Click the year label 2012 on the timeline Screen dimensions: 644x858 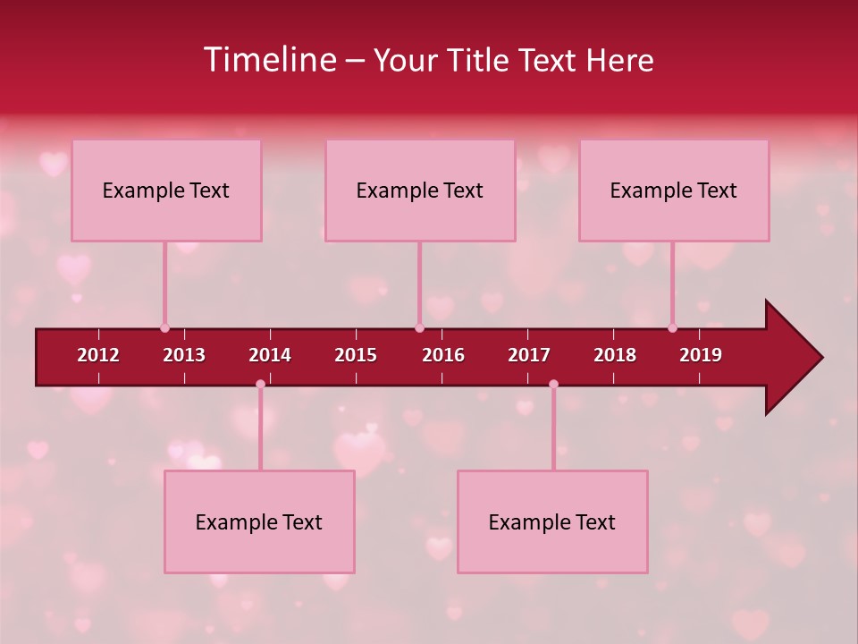click(x=98, y=355)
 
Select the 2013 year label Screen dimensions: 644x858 click(x=184, y=355)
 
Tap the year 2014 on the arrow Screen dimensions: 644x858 click(x=270, y=355)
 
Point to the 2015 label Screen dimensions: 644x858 click(x=356, y=355)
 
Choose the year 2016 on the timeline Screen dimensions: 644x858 click(x=443, y=355)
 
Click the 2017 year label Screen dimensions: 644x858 click(x=529, y=355)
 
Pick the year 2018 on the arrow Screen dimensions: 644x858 click(x=615, y=355)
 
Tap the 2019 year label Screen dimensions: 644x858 click(x=701, y=355)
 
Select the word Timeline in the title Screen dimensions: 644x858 click(x=268, y=60)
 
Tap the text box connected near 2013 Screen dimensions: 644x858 click(x=166, y=191)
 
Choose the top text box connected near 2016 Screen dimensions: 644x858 click(x=420, y=191)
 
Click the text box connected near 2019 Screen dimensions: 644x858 click(x=674, y=191)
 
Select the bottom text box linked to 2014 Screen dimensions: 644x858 click(x=259, y=522)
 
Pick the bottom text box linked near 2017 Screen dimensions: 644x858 click(x=552, y=522)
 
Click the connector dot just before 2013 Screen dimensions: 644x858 click(x=164, y=328)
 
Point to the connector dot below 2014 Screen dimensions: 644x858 click(x=260, y=385)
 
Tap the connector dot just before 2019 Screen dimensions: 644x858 click(x=672, y=328)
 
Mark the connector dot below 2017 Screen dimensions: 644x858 click(x=553, y=385)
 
